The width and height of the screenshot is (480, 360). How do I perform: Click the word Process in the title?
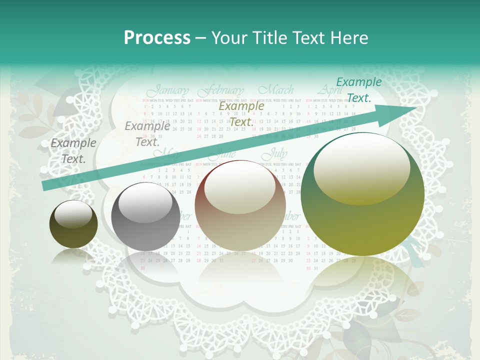click(x=157, y=38)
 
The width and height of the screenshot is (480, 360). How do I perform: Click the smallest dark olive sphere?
click(x=74, y=224)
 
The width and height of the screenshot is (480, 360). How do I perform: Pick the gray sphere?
click(x=145, y=216)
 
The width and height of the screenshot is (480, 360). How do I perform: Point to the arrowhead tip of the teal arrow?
click(x=416, y=107)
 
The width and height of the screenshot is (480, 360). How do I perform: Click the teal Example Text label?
click(x=358, y=90)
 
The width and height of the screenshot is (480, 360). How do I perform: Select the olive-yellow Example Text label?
click(x=241, y=114)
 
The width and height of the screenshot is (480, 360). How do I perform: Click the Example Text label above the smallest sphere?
click(x=73, y=151)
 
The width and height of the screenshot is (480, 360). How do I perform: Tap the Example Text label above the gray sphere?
click(x=147, y=134)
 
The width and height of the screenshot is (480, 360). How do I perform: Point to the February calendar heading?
click(x=220, y=91)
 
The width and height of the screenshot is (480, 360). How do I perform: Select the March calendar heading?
click(x=276, y=90)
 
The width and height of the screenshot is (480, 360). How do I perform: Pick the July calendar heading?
click(x=275, y=153)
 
